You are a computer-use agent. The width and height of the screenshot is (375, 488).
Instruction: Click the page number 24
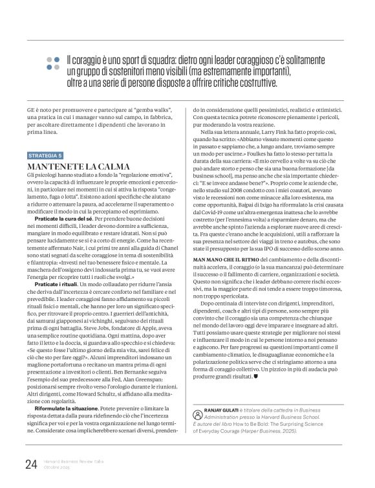[30, 463]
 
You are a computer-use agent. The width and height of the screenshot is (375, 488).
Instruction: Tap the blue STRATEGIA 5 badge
[45, 156]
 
